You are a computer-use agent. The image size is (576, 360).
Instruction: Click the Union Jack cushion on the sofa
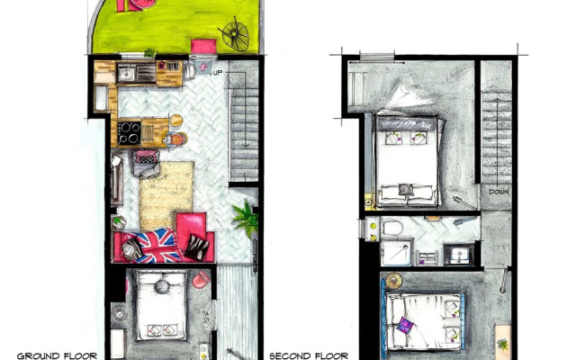[157, 244]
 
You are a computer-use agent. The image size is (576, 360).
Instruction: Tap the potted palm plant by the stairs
[244, 217]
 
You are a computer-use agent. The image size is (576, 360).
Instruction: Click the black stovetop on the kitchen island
[128, 132]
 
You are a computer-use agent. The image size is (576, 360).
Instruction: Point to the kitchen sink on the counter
[127, 73]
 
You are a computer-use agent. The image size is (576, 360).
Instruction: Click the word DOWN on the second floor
[498, 192]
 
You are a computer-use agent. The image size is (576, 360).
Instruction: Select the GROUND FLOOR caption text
[51, 355]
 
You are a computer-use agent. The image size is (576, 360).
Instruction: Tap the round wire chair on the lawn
[233, 34]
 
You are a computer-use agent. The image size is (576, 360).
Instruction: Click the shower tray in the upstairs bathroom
[396, 252]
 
